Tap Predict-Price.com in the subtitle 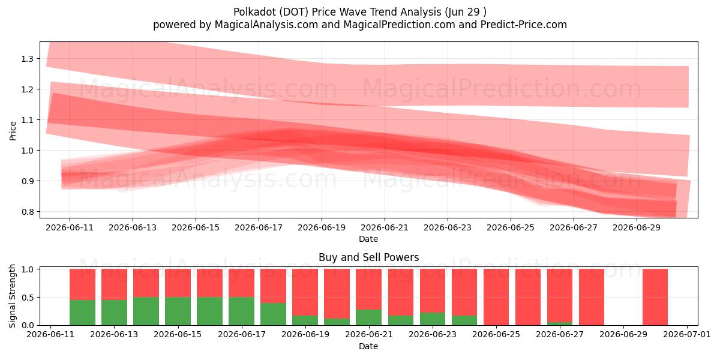524,25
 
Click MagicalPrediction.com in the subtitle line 399,25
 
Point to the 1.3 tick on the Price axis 28,59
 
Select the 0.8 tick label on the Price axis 28,212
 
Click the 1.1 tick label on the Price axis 28,120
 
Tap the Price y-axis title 13,131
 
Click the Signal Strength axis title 12,296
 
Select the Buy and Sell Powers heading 368,257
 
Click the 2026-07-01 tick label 687,335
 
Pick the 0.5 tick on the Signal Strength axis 28,298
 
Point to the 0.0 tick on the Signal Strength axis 28,325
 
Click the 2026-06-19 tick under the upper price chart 322,228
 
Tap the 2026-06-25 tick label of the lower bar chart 496,335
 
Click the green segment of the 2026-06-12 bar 82,313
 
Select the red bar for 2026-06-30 655,297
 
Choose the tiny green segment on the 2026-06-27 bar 560,323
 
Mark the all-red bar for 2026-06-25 496,297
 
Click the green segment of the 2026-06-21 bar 368,317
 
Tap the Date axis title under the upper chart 368,239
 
